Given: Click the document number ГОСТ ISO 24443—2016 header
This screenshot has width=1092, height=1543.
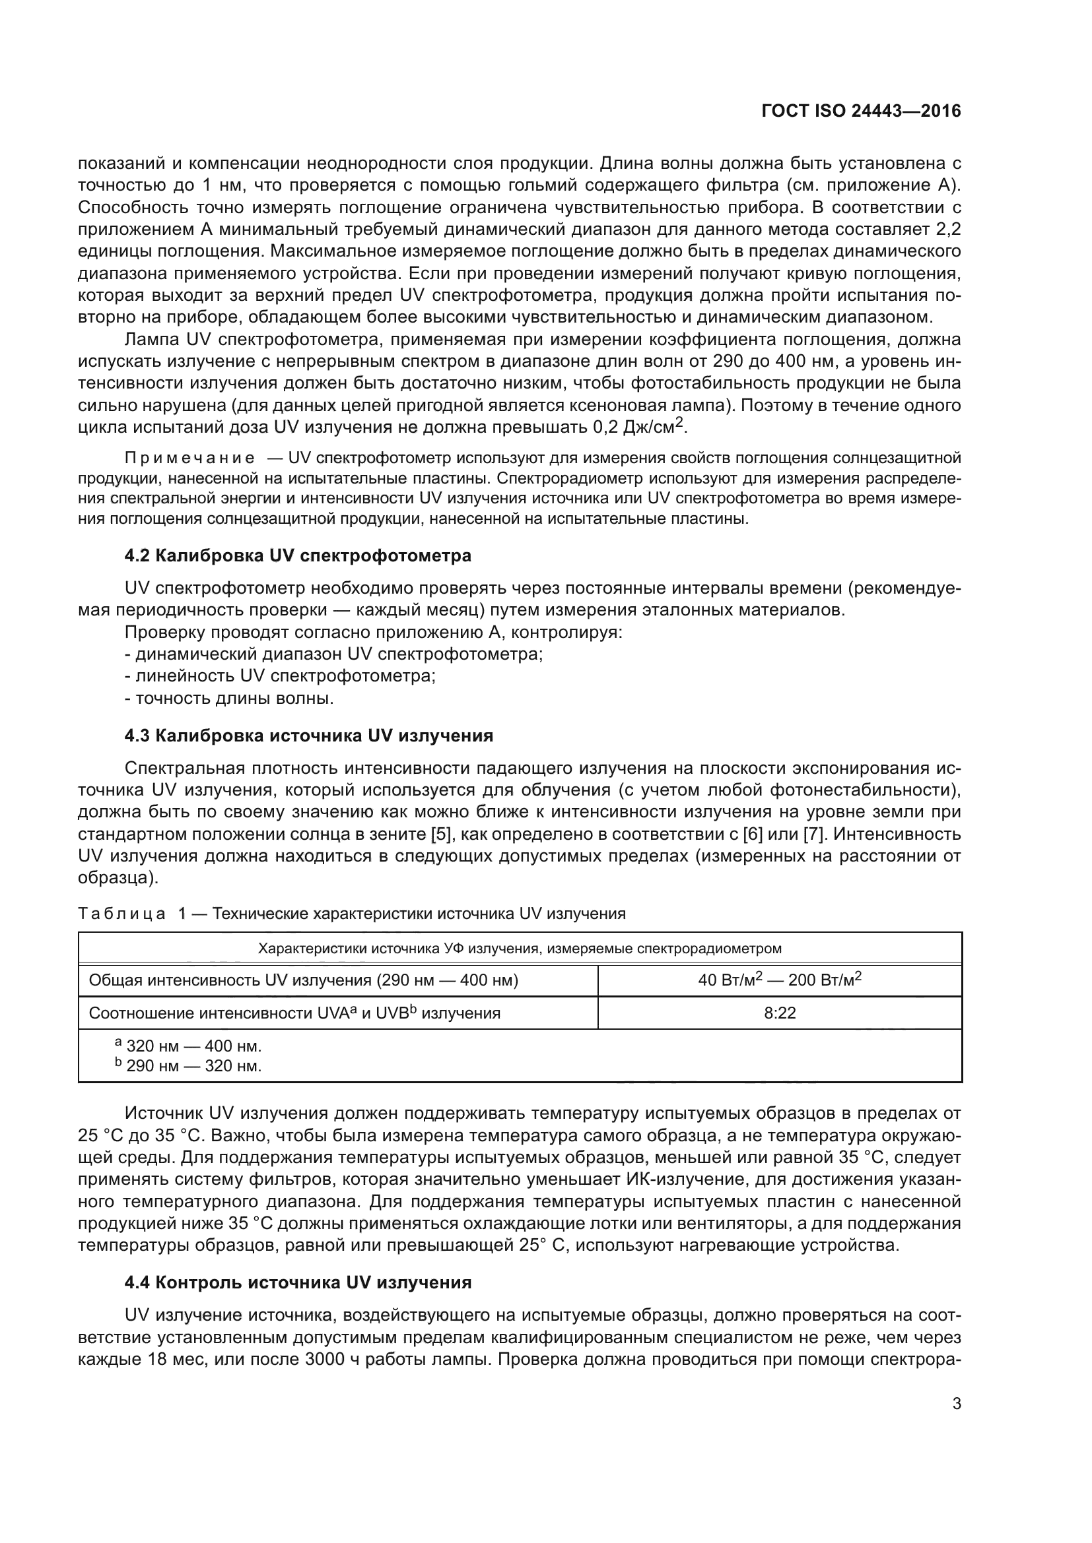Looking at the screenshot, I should [861, 111].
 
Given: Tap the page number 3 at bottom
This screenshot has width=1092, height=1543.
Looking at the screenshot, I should [956, 1403].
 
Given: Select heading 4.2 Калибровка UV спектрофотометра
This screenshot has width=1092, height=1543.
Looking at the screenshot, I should [297, 555].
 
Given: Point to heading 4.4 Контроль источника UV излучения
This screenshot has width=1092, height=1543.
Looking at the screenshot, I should [298, 1282].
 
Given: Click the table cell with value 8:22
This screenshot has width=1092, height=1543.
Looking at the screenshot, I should [779, 1013].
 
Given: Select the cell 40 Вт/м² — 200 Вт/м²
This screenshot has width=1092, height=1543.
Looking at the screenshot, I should [779, 980].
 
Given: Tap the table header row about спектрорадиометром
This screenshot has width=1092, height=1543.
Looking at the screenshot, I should [519, 948].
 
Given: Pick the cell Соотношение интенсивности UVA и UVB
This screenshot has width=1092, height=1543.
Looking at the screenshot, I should [294, 1013].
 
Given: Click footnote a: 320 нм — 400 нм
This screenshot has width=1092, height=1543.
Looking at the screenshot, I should [188, 1046].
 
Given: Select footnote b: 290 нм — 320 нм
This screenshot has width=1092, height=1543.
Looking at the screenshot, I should [188, 1066].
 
